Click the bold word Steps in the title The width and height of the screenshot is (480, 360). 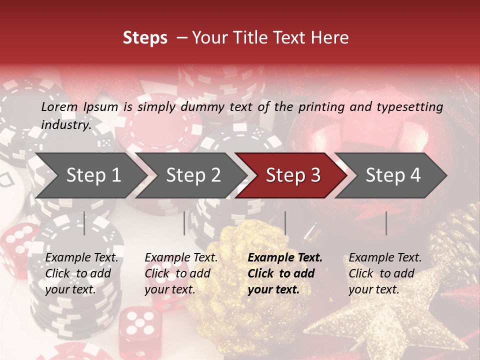(x=145, y=38)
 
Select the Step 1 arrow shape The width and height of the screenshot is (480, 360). (x=90, y=175)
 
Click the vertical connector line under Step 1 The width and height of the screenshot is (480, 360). (x=84, y=223)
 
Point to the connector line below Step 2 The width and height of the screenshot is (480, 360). (x=184, y=223)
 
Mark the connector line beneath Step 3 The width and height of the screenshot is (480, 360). (x=285, y=223)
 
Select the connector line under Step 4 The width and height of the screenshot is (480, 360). (x=386, y=223)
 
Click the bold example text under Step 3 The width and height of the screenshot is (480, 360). (x=285, y=273)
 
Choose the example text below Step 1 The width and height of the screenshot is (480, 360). (x=81, y=273)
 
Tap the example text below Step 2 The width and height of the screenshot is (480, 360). (x=181, y=273)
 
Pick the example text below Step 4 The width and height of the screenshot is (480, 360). (x=385, y=273)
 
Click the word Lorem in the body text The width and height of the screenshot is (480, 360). (x=59, y=106)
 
